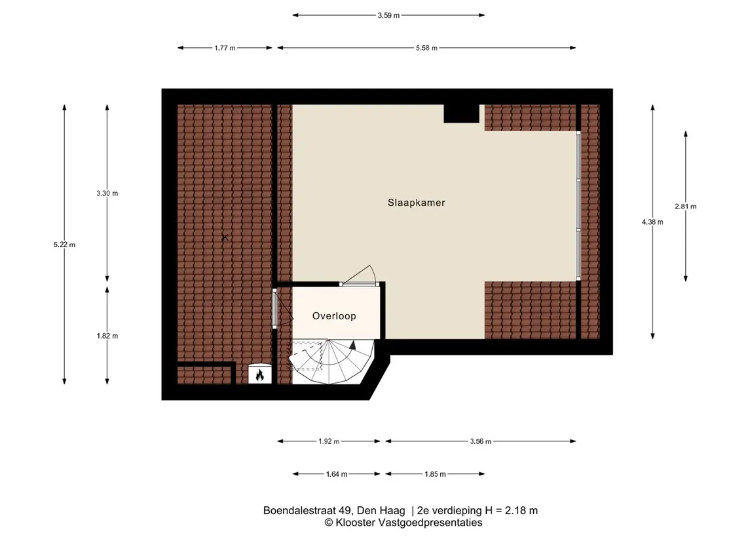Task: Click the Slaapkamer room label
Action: [416, 203]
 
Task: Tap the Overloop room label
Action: [334, 316]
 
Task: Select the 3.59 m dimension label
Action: [388, 15]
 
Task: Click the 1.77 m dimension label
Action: [225, 48]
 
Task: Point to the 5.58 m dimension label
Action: [426, 48]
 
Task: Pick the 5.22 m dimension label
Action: [64, 245]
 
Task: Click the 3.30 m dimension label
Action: [107, 193]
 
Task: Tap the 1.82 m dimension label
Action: [107, 336]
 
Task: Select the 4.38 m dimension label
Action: [652, 222]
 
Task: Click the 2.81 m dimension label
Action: [685, 207]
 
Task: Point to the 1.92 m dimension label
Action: [329, 441]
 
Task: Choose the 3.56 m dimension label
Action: [481, 441]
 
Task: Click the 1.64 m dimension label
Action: [337, 474]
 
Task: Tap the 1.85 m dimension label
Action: [436, 474]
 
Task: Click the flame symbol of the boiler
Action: [260, 375]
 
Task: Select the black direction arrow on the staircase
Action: [353, 344]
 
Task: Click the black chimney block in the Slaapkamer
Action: [462, 113]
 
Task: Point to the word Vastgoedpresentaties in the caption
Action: [430, 523]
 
